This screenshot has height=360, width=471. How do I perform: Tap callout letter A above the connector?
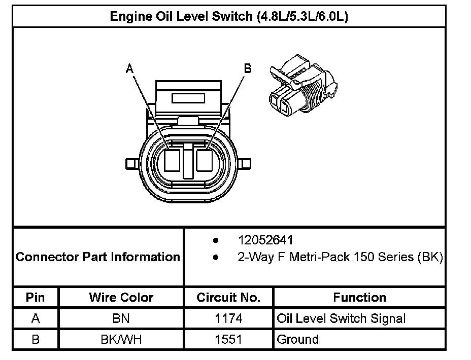tap(130, 68)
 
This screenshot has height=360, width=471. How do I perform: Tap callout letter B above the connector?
tap(248, 68)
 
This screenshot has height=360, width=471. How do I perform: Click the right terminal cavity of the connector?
tap(206, 161)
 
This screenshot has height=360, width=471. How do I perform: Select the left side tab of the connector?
tap(130, 164)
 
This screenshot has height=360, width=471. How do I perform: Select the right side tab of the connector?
tap(245, 164)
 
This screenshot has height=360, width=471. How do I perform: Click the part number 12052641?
tap(265, 240)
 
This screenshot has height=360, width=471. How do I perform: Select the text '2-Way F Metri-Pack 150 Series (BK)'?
tap(340, 257)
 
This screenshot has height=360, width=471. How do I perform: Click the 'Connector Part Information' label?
tap(98, 257)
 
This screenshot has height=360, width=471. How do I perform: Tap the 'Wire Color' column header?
tap(121, 297)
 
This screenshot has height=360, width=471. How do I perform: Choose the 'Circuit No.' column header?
tap(228, 297)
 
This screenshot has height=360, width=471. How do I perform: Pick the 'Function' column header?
tap(359, 297)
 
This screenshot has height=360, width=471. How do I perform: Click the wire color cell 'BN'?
tap(121, 318)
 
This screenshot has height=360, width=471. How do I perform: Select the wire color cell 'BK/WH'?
tap(121, 339)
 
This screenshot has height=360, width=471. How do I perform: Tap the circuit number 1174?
tap(228, 318)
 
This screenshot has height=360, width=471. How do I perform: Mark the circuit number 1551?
tap(228, 339)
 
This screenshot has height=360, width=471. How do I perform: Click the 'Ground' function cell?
tap(297, 339)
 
